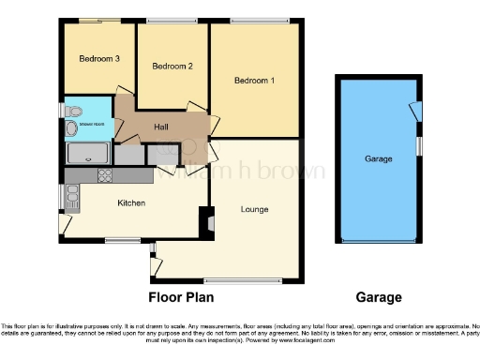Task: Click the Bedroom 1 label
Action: (254, 81)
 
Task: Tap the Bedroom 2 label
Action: (172, 67)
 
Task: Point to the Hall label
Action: (161, 127)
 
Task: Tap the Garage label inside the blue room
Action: (378, 159)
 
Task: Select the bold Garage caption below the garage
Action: (379, 297)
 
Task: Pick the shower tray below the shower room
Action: (88, 153)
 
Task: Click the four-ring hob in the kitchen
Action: (105, 174)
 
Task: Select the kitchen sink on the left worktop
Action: (72, 194)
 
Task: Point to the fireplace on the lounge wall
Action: (206, 222)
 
